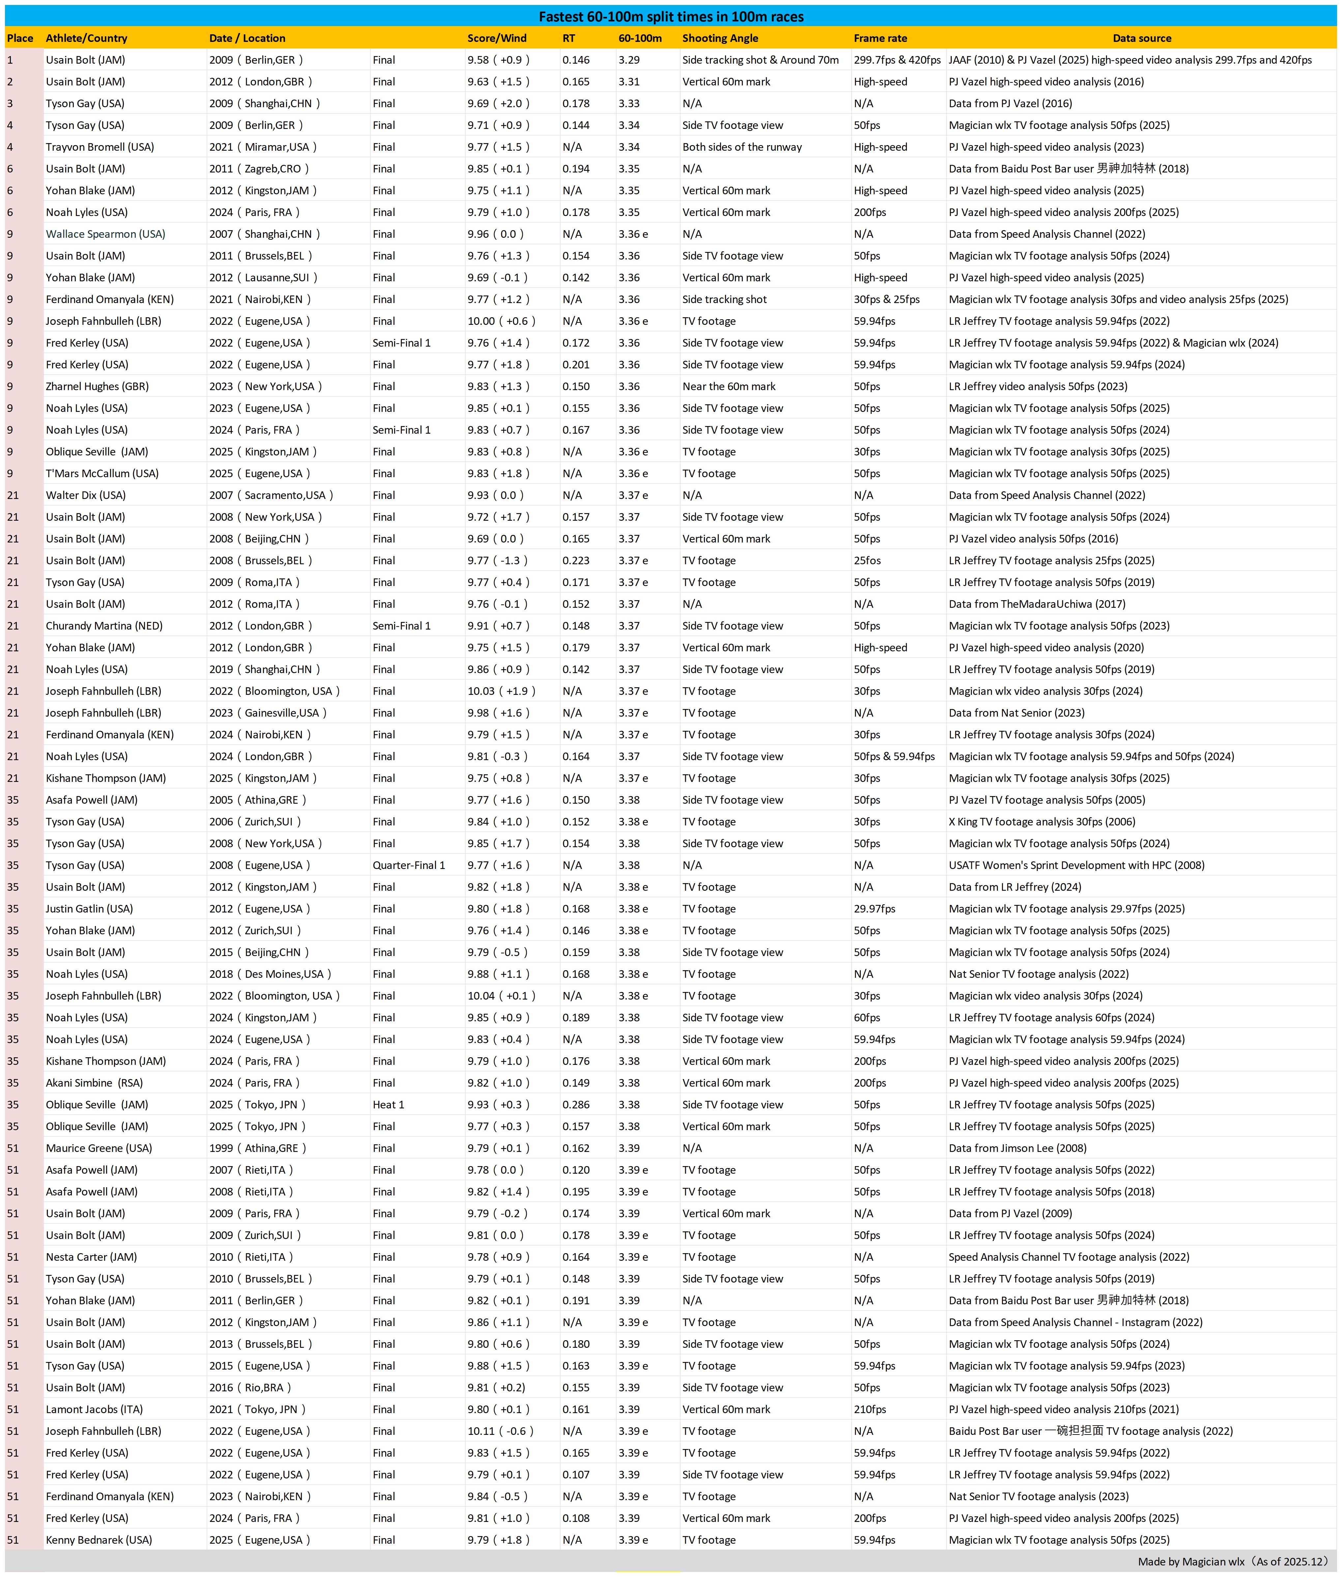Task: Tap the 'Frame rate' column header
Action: pyautogui.click(x=880, y=38)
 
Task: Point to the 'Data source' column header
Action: pyautogui.click(x=1141, y=38)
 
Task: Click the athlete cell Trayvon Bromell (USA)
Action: pyautogui.click(x=100, y=147)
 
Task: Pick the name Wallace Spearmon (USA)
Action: pyautogui.click(x=105, y=234)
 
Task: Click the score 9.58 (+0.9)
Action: pyautogui.click(x=498, y=60)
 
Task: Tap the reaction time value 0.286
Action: pyautogui.click(x=576, y=1104)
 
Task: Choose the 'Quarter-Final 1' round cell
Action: pyautogui.click(x=409, y=865)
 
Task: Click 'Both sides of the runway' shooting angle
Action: pyautogui.click(x=742, y=147)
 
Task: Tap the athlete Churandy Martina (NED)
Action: pyautogui.click(x=104, y=626)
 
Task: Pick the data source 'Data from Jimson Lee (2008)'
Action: pyautogui.click(x=1017, y=1148)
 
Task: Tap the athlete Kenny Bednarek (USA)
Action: pyautogui.click(x=99, y=1540)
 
